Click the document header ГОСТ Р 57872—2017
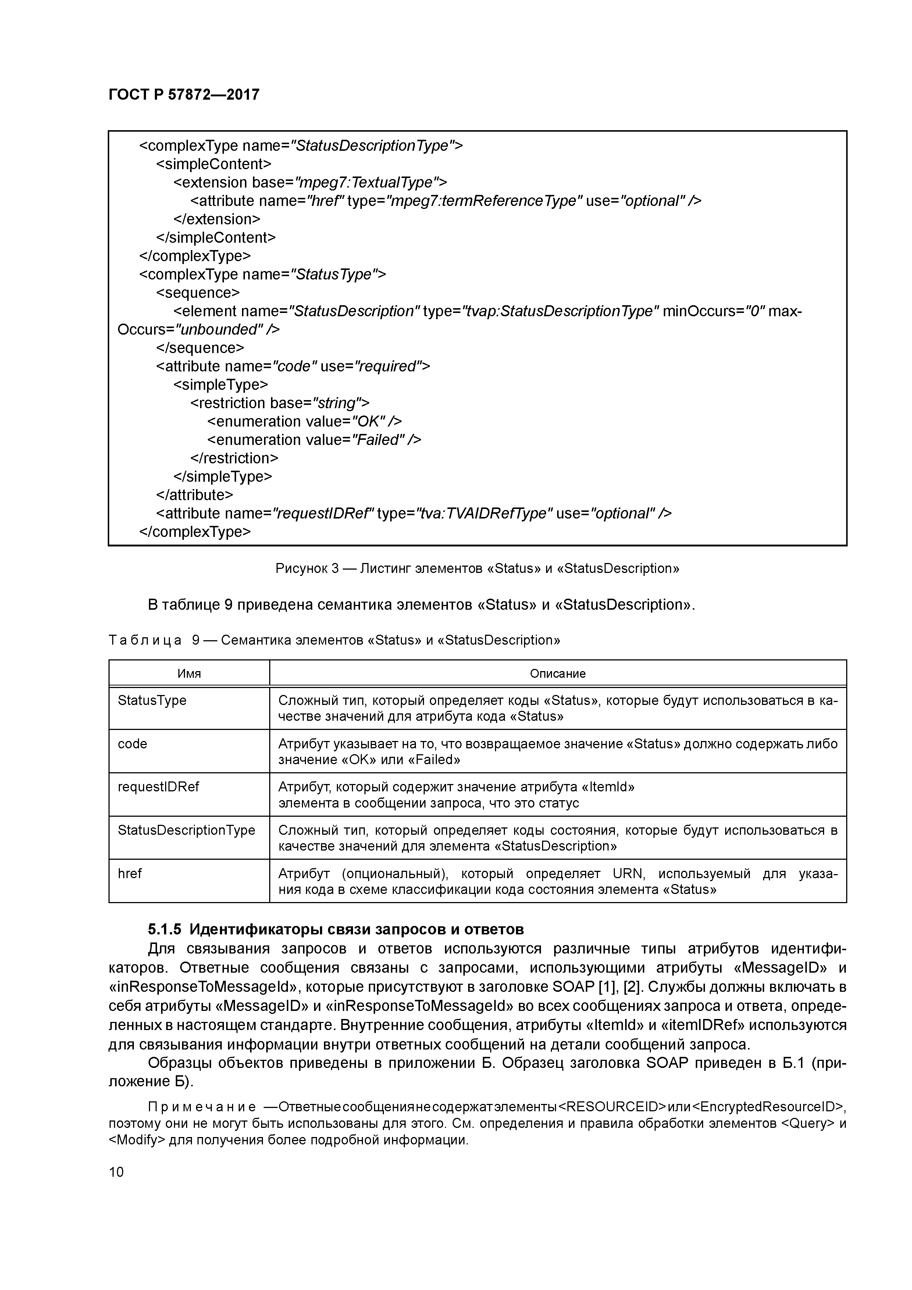click(x=184, y=95)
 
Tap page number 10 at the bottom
click(x=116, y=1172)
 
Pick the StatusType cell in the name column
click(x=152, y=700)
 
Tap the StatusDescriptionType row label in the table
click(x=186, y=830)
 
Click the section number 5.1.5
click(x=164, y=929)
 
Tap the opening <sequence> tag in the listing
click(x=197, y=293)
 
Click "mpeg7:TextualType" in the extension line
click(x=366, y=183)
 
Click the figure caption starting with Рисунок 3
click(x=477, y=568)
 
